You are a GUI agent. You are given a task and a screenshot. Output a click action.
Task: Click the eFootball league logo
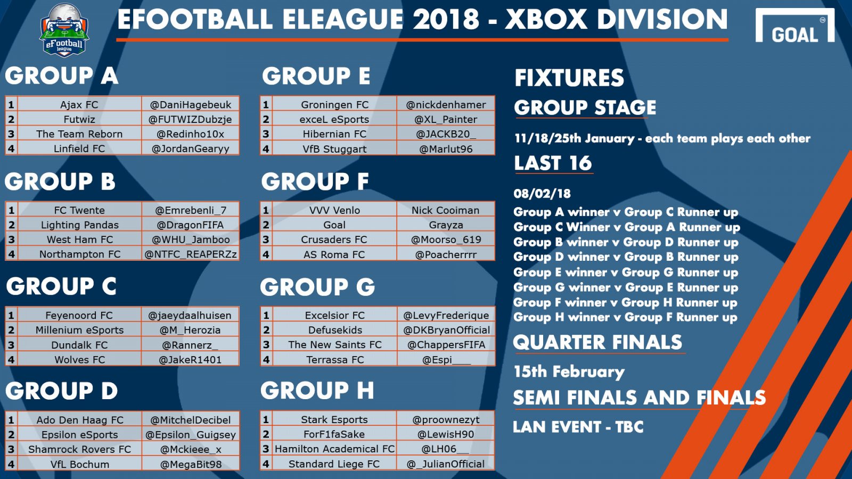click(64, 30)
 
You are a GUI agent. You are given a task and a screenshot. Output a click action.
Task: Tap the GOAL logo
click(795, 26)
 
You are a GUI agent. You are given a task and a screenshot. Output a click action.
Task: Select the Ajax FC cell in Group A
click(79, 104)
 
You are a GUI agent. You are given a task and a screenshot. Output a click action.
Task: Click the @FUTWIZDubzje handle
click(190, 119)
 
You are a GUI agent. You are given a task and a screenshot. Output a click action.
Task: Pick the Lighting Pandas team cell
click(79, 225)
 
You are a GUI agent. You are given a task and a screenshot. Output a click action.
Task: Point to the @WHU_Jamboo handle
click(191, 240)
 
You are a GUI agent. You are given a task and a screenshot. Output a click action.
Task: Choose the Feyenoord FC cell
click(79, 316)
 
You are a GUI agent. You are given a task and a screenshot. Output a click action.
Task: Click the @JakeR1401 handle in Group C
click(190, 360)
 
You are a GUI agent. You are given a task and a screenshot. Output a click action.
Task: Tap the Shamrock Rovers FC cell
click(79, 449)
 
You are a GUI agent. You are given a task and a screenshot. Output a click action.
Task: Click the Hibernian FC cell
click(335, 134)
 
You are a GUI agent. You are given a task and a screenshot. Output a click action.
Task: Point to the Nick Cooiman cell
click(445, 210)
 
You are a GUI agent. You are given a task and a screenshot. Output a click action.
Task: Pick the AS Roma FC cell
click(334, 255)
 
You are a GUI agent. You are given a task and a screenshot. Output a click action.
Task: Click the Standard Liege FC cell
click(334, 464)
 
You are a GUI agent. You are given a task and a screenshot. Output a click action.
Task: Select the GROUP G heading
click(317, 287)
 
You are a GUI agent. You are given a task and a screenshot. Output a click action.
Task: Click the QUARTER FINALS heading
click(597, 342)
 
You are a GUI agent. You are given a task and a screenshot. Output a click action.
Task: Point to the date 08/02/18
click(542, 194)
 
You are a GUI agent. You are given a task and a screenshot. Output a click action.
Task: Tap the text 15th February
click(569, 371)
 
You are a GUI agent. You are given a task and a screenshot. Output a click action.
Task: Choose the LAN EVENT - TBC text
click(578, 427)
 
